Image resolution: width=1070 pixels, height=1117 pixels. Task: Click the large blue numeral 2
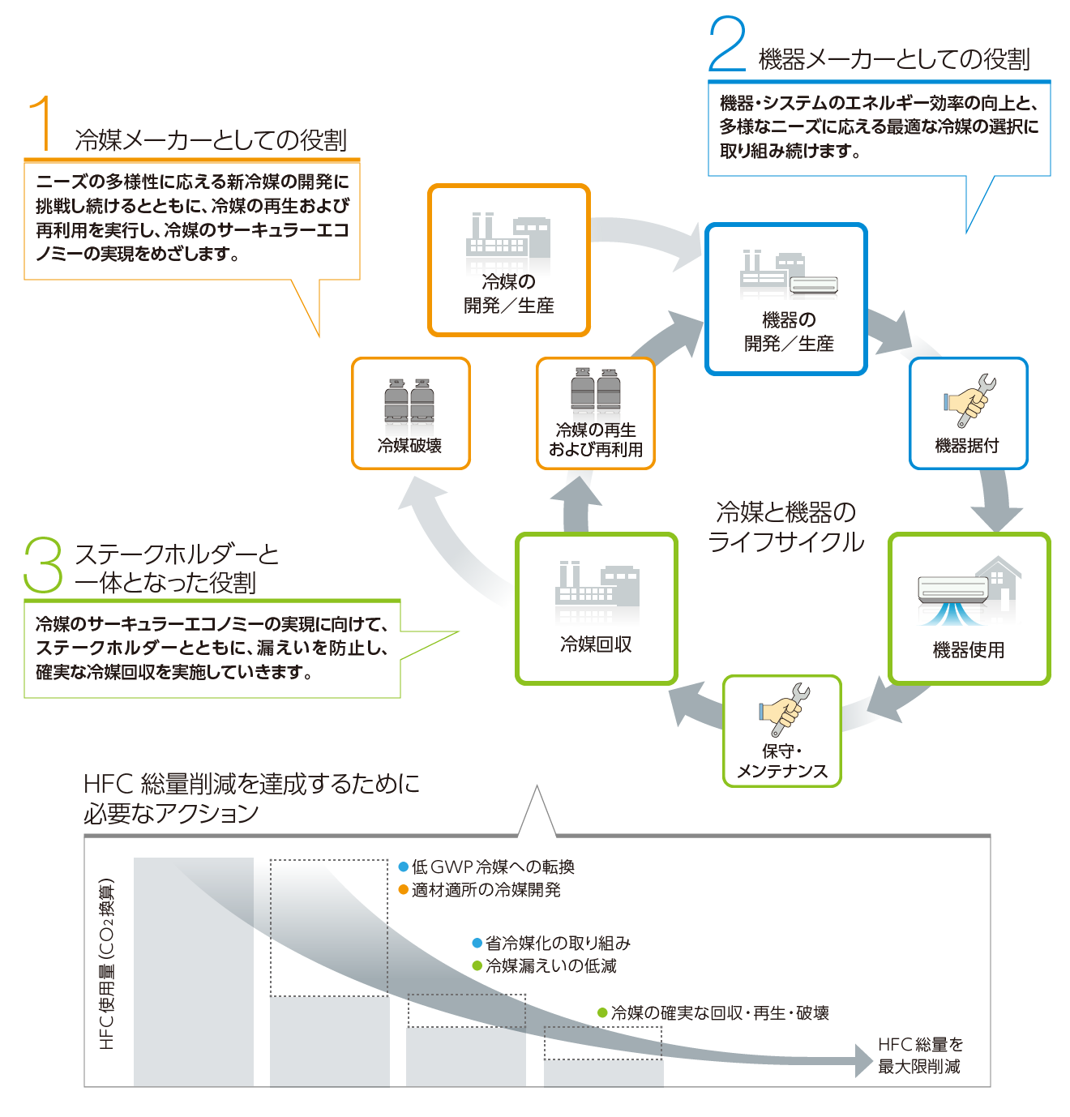(x=726, y=45)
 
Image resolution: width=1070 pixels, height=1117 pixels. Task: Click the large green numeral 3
(x=43, y=565)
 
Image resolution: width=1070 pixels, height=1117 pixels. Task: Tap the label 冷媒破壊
(x=410, y=446)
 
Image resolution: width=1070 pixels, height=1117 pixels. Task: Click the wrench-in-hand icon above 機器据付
(x=969, y=400)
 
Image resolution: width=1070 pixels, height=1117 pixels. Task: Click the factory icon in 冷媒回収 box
(x=597, y=584)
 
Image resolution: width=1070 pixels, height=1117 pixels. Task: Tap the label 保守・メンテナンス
(x=781, y=761)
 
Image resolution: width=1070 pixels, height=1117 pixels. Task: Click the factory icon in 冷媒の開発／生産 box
(x=508, y=239)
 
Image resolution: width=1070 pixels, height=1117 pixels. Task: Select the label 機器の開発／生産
(x=789, y=332)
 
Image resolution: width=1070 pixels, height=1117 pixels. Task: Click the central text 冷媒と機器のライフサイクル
(x=786, y=527)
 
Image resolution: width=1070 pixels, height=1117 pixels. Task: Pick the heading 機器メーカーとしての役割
(x=893, y=59)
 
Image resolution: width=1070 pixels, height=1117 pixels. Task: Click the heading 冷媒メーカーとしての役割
(x=211, y=140)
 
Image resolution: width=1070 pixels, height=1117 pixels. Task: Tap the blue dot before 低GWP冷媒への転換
(x=404, y=867)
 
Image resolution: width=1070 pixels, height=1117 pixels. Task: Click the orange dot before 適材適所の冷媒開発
(x=404, y=890)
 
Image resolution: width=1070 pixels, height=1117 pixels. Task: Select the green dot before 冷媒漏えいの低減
(x=477, y=966)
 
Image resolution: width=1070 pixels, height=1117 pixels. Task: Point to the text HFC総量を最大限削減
(x=920, y=1055)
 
